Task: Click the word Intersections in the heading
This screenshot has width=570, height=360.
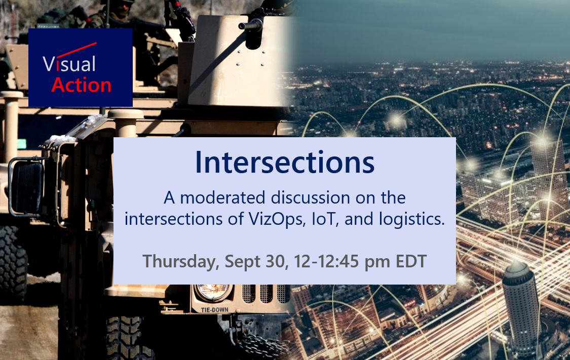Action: click(285, 163)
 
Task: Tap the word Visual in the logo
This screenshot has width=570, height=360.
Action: click(69, 64)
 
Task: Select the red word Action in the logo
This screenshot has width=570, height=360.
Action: click(82, 85)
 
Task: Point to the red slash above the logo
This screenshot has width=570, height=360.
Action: click(77, 50)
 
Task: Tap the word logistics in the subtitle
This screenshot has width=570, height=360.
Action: click(412, 219)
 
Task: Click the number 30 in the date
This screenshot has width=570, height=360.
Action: click(277, 262)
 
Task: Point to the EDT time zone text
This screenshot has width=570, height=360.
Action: click(411, 262)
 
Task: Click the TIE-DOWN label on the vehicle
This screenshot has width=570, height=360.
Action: click(215, 310)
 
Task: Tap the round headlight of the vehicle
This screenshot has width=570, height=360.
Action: click(213, 292)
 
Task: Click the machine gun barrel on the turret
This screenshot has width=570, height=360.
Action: click(251, 25)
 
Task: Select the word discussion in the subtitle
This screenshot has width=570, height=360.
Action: click(311, 198)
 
